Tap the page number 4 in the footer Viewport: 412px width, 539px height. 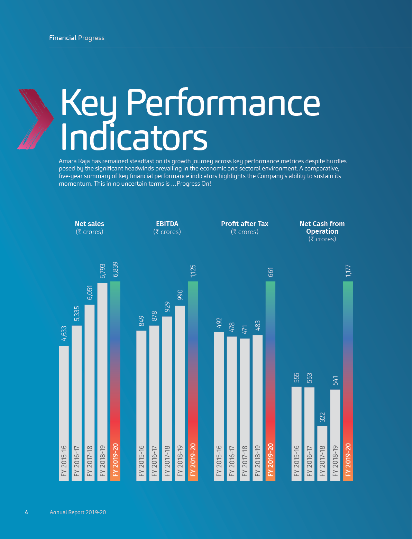pyautogui.click(x=27, y=512)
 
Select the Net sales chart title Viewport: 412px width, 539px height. pyautogui.click(x=89, y=224)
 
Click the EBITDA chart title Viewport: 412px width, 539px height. pyautogui.click(x=167, y=224)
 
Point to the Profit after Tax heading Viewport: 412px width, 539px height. pyautogui.click(x=245, y=224)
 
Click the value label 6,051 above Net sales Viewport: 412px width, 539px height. pyautogui.click(x=90, y=293)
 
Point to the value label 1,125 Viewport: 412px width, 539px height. pyautogui.click(x=193, y=271)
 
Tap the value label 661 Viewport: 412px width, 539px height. pyautogui.click(x=271, y=272)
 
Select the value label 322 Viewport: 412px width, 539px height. pyautogui.click(x=322, y=417)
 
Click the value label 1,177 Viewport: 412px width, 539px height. pyautogui.click(x=348, y=271)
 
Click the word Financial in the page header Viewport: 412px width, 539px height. pyautogui.click(x=63, y=38)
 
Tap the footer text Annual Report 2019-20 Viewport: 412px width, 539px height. pyautogui.click(x=78, y=512)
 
